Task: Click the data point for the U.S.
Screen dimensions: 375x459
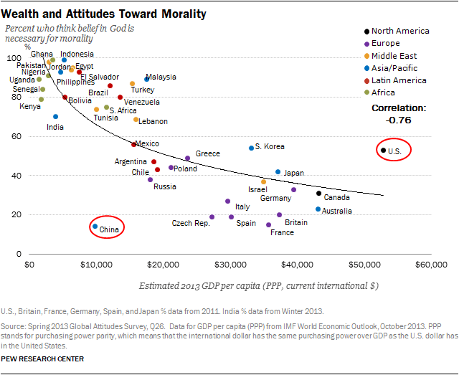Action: (x=384, y=151)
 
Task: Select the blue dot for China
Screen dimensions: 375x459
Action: (x=95, y=227)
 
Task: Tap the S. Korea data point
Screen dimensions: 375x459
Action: (x=251, y=148)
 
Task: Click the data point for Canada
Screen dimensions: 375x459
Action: (x=319, y=193)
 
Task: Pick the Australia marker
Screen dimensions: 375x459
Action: (x=318, y=209)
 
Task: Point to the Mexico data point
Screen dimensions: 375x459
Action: (x=133, y=144)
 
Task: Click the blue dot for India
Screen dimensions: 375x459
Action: (x=55, y=117)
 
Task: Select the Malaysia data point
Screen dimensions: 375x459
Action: (x=147, y=79)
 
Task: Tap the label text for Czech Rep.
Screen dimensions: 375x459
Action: (x=191, y=224)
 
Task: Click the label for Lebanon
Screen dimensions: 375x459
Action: (x=152, y=121)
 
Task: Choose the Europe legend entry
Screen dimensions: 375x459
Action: (x=386, y=44)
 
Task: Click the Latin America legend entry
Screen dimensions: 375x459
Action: (x=399, y=80)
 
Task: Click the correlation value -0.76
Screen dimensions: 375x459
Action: (x=398, y=120)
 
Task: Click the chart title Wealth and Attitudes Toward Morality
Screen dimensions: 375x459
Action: (x=105, y=14)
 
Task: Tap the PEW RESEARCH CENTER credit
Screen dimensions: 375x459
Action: (x=43, y=358)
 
